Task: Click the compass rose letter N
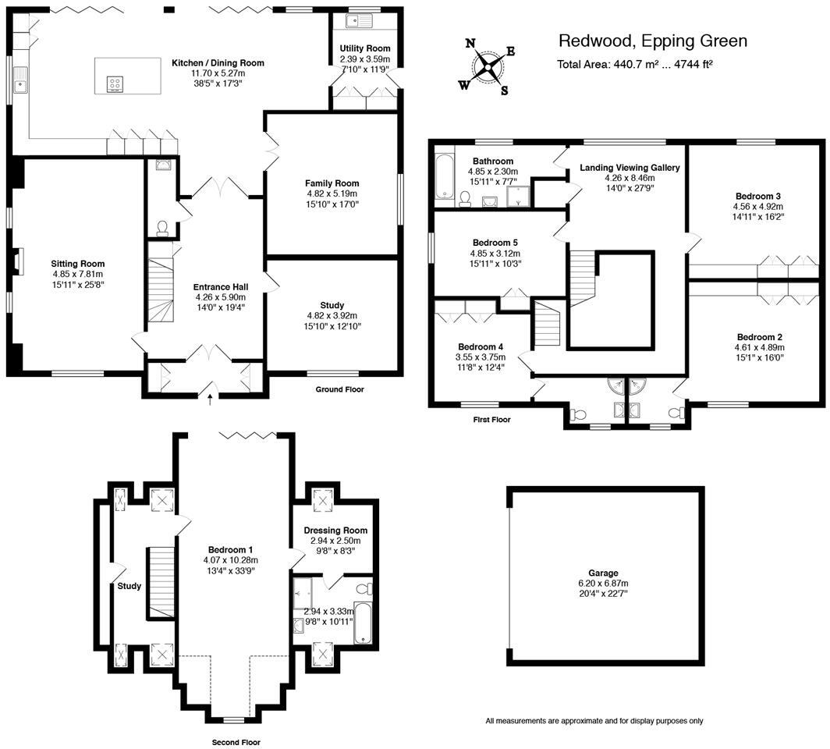[x=470, y=44]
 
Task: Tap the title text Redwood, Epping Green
[x=653, y=41]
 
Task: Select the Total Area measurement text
[x=634, y=65]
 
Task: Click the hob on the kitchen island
[x=114, y=84]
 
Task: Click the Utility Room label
[x=364, y=48]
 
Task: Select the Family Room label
[x=332, y=183]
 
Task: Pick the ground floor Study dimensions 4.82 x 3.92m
[x=332, y=316]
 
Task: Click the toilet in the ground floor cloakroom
[x=162, y=227]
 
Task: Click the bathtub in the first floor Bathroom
[x=443, y=179]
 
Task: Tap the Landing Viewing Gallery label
[x=630, y=168]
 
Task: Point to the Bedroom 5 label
[x=494, y=243]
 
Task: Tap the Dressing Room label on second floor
[x=335, y=531]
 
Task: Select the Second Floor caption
[x=236, y=743]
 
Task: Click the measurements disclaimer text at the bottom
[x=594, y=721]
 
